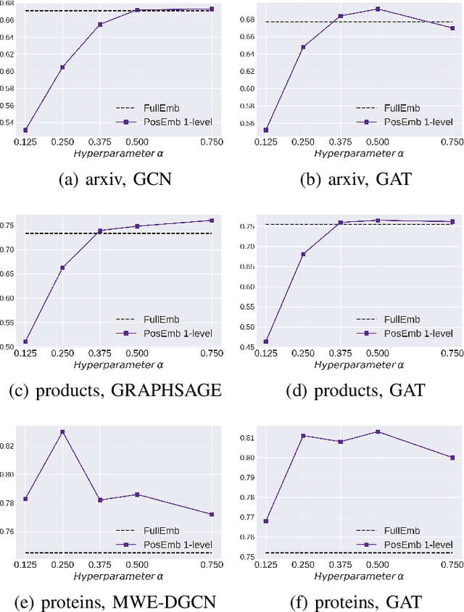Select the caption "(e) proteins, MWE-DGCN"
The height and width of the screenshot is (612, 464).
(x=115, y=601)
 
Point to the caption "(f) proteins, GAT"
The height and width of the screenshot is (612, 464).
(x=355, y=601)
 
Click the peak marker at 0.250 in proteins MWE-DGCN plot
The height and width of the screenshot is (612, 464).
(x=62, y=431)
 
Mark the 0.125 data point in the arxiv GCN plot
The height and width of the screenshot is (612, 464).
(x=25, y=130)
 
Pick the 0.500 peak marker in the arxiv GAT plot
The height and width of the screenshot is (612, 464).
(x=378, y=9)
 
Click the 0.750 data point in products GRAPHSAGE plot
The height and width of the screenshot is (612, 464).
(x=212, y=220)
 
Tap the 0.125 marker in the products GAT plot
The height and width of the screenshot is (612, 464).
(x=265, y=342)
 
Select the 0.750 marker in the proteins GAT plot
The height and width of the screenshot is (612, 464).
(x=452, y=458)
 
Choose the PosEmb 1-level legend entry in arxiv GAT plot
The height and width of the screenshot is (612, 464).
(x=406, y=121)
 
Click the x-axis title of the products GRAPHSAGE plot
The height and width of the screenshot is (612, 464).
(x=119, y=363)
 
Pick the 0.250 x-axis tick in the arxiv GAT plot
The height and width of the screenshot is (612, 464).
(x=303, y=141)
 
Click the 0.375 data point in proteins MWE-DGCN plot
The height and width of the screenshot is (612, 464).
(x=100, y=500)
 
